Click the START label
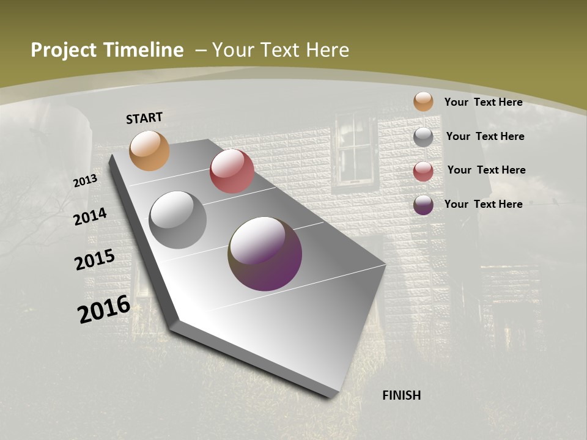point(144,118)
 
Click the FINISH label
point(402,395)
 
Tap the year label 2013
point(85,180)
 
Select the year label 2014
point(90,216)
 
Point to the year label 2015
point(95,260)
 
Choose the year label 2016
point(104,309)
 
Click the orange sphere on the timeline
point(149,150)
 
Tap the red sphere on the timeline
point(232,171)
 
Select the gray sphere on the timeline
point(178,220)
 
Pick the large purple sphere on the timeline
point(265,254)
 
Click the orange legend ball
point(423,101)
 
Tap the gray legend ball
point(423,137)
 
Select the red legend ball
point(423,171)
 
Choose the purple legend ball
point(423,205)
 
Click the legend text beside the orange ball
point(483,102)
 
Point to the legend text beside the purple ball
point(483,204)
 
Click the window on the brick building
point(355,148)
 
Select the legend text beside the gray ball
point(485,136)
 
